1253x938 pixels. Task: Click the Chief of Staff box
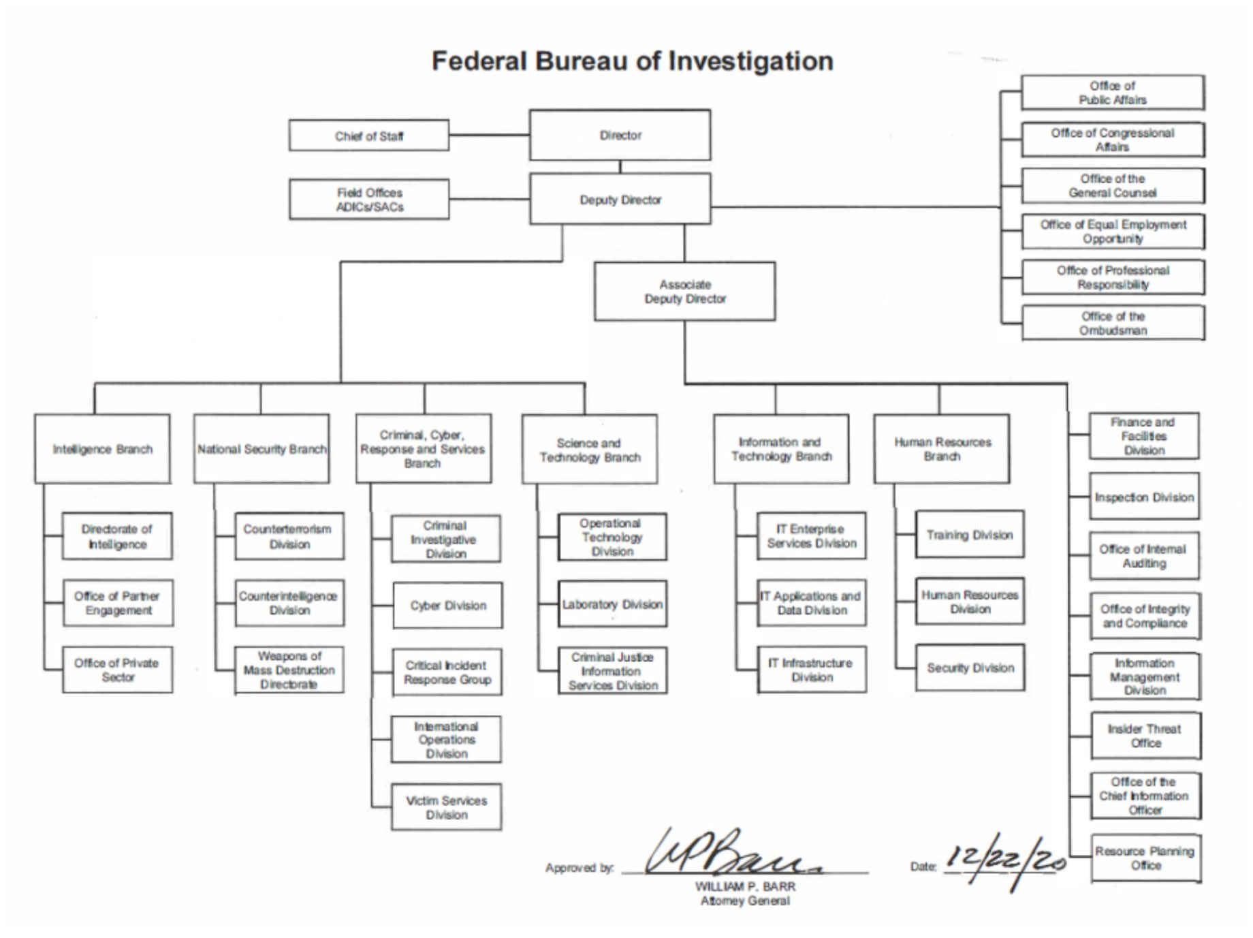(369, 136)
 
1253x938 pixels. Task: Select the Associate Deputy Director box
(684, 292)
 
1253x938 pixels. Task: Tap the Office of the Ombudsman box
(1113, 323)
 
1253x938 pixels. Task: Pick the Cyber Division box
(447, 605)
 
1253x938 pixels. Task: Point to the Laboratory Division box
(612, 604)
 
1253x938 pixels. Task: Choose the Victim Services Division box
(446, 807)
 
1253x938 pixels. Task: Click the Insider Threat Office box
(1145, 736)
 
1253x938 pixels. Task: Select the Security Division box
(970, 668)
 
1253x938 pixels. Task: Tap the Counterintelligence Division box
(289, 603)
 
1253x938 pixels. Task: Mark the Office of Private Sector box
(117, 670)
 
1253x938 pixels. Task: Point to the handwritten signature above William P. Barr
(732, 851)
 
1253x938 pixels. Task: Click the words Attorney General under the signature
(745, 901)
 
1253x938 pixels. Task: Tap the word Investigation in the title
(751, 61)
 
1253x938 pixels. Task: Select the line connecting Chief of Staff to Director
(490, 135)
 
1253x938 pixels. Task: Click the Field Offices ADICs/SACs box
(369, 200)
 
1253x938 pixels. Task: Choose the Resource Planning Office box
(1145, 858)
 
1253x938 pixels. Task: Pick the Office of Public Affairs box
(1112, 93)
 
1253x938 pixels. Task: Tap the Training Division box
(970, 535)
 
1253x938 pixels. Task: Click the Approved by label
(580, 868)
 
